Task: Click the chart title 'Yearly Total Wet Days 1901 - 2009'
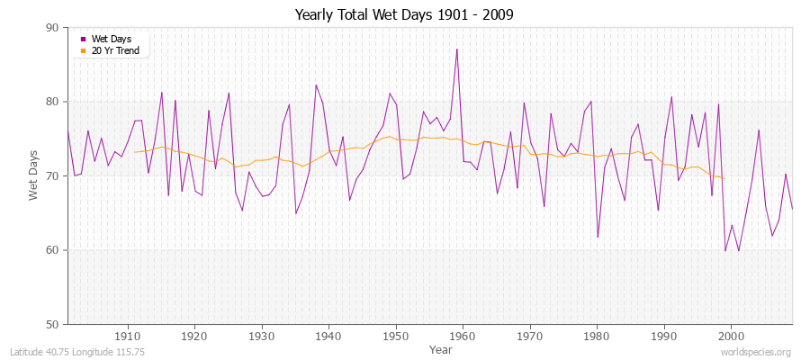[x=404, y=15]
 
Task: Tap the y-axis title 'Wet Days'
[x=34, y=175]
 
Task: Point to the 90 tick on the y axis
[x=52, y=28]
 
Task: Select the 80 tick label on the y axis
[x=52, y=102]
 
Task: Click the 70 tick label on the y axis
[x=52, y=176]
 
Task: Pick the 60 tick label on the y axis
[x=52, y=250]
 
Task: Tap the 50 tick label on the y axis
[x=52, y=324]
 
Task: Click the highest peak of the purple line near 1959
[x=457, y=49]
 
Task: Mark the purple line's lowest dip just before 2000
[x=725, y=250]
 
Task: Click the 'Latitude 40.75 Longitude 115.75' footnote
[x=80, y=352]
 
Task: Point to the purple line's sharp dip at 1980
[x=598, y=238]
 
